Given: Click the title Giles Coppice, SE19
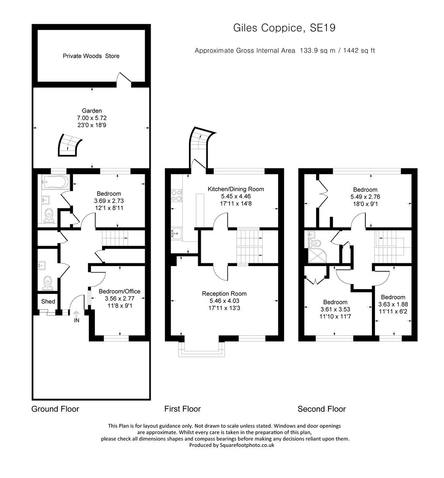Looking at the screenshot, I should coord(284,28).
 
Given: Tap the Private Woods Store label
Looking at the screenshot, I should coord(91,56).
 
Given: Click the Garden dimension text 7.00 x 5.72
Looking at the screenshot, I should coord(92,118).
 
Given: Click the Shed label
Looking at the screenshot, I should coord(48,302).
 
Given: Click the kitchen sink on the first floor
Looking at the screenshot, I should coord(176,233).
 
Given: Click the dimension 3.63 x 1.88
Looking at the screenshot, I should coord(393,304).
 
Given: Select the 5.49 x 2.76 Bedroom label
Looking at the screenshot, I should coord(365,190).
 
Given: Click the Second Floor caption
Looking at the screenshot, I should coord(321,409).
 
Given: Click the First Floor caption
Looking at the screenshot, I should coord(183,409).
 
